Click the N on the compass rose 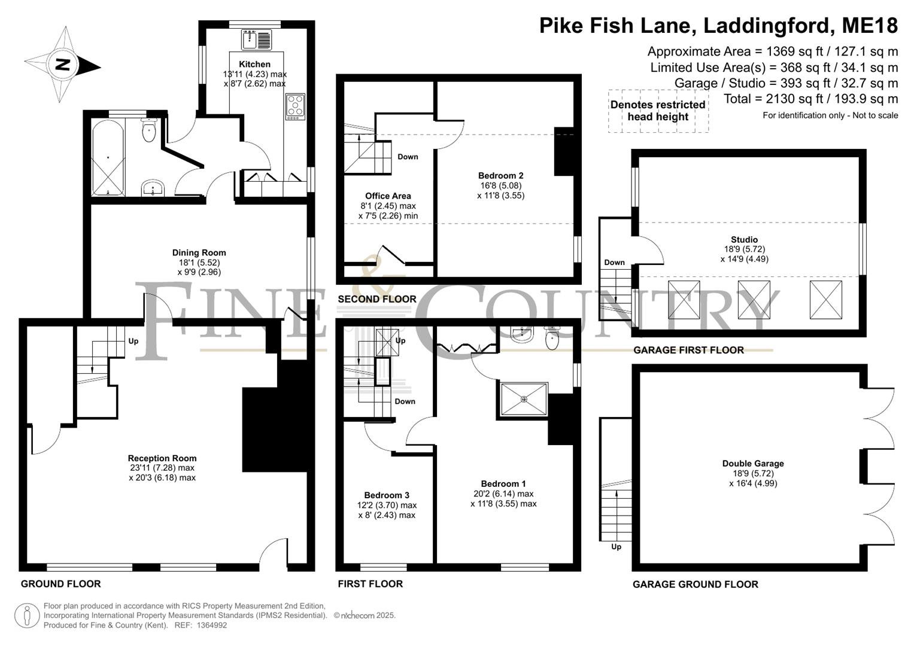point(63,65)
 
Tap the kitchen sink point(257,40)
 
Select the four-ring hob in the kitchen point(295,106)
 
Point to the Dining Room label point(199,253)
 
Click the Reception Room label point(162,458)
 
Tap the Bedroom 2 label point(500,176)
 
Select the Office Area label point(388,196)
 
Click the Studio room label point(744,240)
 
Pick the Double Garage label point(753,464)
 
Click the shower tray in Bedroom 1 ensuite point(524,400)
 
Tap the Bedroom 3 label point(387,495)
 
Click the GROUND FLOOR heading point(61,584)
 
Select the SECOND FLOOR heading point(377,299)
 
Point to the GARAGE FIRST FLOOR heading point(688,351)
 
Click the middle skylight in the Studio point(754,300)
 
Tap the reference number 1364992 point(212,625)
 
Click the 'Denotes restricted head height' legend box point(658,111)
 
